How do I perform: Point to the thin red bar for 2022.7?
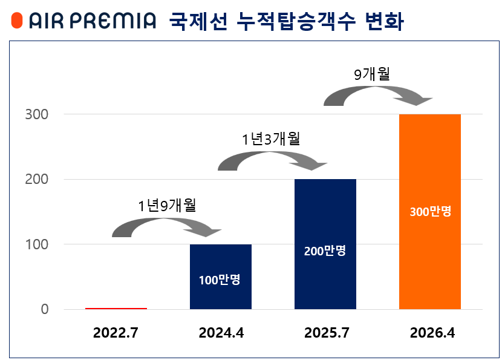116,308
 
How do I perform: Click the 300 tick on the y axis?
36,114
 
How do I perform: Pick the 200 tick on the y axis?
36,180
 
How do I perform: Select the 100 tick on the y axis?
36,244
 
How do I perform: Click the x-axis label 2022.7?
116,333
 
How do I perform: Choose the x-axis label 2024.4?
221,333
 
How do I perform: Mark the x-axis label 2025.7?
325,333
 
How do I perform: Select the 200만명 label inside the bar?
325,250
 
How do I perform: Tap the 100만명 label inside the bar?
220,280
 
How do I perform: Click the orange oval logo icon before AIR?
17,21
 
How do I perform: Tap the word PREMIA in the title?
112,21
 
